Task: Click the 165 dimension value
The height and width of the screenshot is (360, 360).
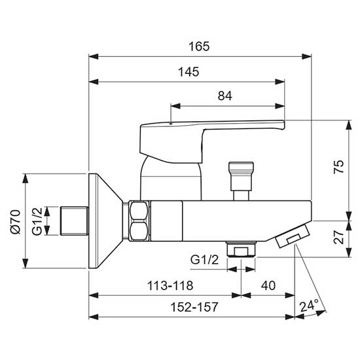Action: [x=199, y=46]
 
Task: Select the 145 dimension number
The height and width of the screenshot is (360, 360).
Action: [x=189, y=72]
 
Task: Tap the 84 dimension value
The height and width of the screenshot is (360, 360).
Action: [x=225, y=96]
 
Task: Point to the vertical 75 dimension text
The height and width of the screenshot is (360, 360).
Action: [x=338, y=167]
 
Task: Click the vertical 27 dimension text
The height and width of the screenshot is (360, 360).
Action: [x=338, y=237]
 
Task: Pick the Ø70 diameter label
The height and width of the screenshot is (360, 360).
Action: [x=16, y=222]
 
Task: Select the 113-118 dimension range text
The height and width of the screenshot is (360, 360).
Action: [x=170, y=286]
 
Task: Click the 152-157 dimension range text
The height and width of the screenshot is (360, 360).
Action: [x=194, y=307]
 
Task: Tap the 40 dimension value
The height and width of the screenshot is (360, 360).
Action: [x=268, y=285]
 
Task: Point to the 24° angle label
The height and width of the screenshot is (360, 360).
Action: [x=309, y=306]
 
